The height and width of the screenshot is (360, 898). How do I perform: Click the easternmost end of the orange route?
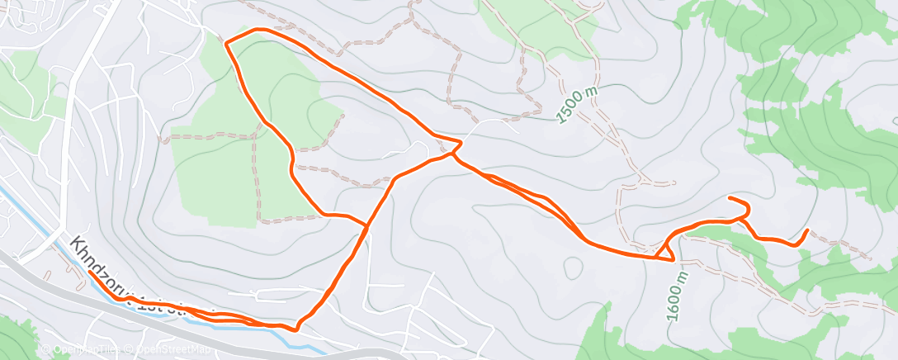click(806, 230)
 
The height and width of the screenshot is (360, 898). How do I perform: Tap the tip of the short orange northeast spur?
click(730, 199)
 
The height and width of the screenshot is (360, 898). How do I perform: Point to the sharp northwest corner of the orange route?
click(226, 40)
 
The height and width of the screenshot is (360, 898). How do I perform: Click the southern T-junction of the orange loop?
click(366, 225)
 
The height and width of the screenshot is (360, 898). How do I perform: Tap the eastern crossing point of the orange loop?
click(454, 154)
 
